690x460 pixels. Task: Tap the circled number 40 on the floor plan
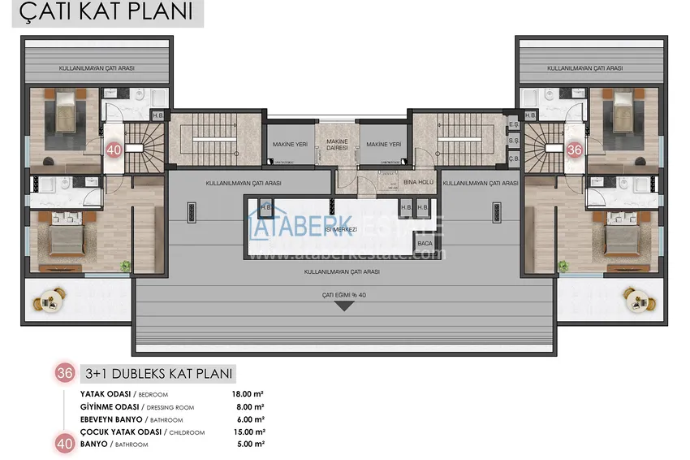click(114, 150)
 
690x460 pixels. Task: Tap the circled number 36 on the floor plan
click(575, 150)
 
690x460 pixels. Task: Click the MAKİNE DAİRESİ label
click(337, 145)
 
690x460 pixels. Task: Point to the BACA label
click(424, 243)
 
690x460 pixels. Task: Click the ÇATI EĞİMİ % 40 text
click(344, 296)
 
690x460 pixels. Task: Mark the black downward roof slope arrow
click(344, 306)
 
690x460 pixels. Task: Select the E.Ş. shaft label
click(512, 125)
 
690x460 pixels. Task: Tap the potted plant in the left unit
click(124, 264)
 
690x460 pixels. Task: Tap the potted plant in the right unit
click(563, 265)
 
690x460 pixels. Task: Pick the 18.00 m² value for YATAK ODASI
click(247, 394)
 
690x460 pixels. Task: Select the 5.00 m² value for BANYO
click(248, 444)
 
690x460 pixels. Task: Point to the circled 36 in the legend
click(65, 373)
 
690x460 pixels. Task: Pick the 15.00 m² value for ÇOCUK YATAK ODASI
click(247, 432)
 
